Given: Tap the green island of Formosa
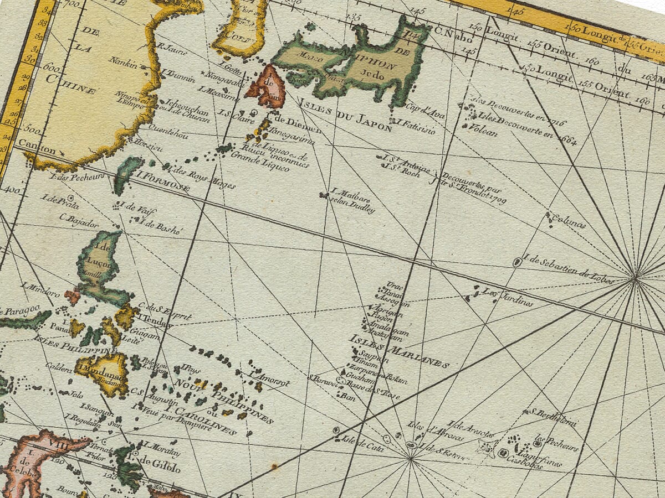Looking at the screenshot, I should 126,174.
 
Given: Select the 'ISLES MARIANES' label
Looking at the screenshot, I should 398,351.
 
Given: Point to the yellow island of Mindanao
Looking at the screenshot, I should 102,372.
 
